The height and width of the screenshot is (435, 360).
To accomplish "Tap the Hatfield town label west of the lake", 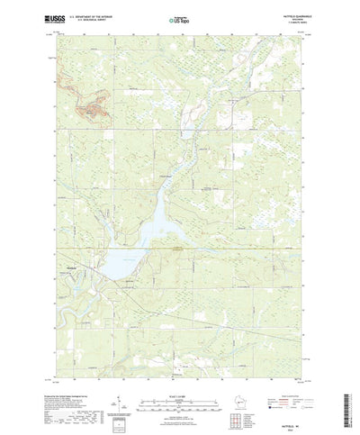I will (76, 266).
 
